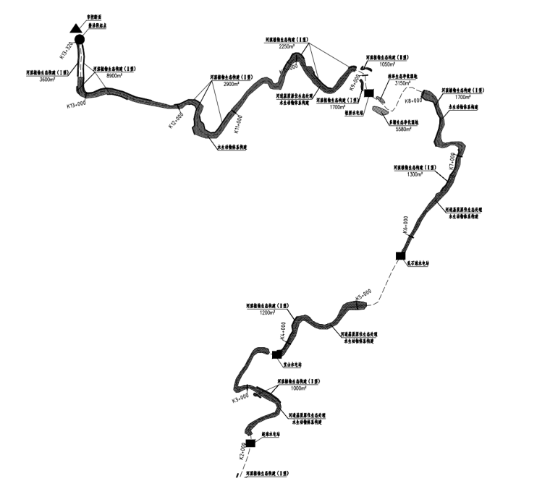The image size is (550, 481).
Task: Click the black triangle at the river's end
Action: tap(75, 29)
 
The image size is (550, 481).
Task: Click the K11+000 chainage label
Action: tap(237, 124)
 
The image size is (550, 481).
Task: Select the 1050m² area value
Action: tap(386, 63)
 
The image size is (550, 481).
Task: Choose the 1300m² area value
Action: tap(416, 174)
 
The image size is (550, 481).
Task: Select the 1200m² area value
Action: tap(268, 313)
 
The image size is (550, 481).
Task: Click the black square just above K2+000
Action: tap(250, 443)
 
